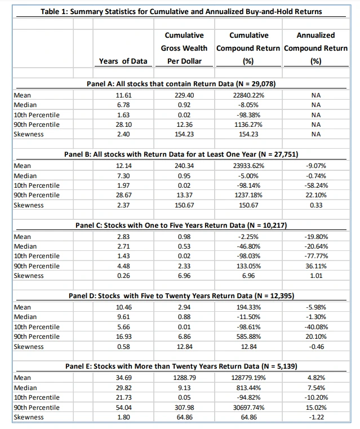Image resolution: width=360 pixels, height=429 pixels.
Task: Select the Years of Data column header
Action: [123, 60]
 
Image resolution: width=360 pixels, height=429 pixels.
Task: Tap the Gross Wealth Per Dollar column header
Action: [184, 48]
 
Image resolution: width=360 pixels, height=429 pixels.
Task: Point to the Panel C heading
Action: [181, 225]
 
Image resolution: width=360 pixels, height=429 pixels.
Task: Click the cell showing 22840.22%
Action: [248, 95]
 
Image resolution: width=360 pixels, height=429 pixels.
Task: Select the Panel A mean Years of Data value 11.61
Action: [123, 95]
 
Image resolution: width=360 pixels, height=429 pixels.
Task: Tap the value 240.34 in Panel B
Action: [184, 166]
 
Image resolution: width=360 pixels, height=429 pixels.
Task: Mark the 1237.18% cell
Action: [248, 194]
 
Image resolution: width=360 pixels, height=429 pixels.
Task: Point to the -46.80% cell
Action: [248, 246]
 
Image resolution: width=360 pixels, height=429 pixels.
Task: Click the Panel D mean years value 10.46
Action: [123, 307]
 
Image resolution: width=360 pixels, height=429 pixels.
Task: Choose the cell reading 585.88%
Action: [248, 336]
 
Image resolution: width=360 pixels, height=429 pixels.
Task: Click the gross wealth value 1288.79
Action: [184, 377]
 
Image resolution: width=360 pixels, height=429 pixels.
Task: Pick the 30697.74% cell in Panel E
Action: [248, 407]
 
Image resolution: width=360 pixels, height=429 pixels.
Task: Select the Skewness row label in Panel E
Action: [28, 417]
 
